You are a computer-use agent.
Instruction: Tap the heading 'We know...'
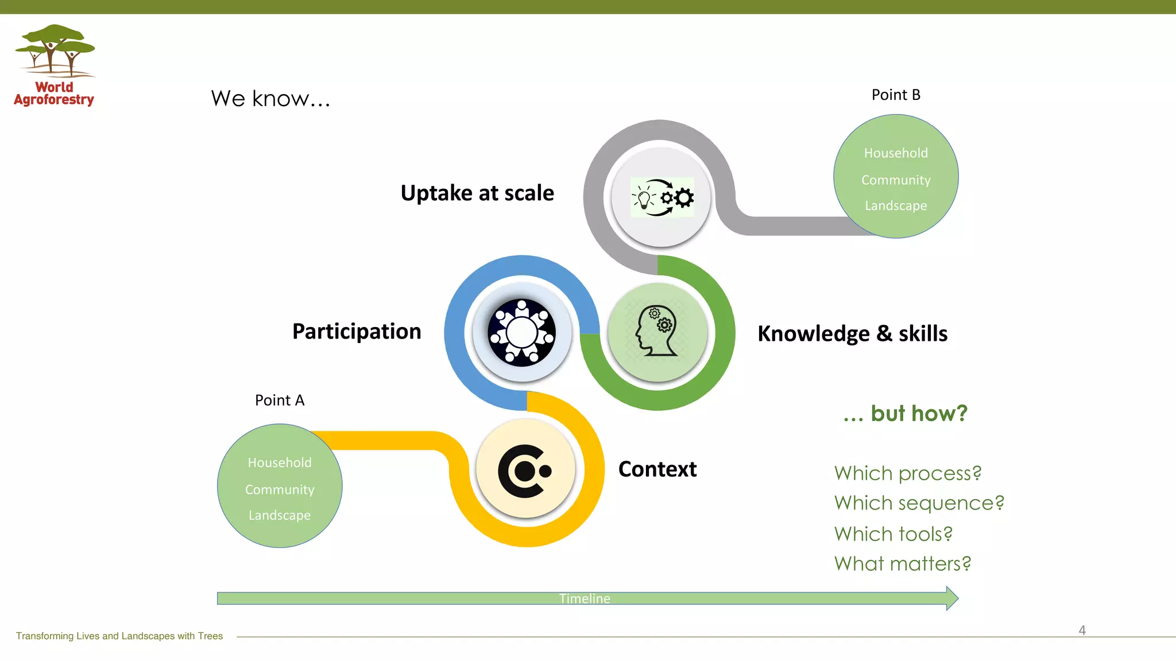pyautogui.click(x=270, y=99)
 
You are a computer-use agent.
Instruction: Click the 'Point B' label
pyautogui.click(x=896, y=95)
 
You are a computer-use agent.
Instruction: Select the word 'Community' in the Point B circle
pyautogui.click(x=896, y=180)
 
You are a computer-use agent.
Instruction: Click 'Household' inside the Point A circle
pyautogui.click(x=280, y=462)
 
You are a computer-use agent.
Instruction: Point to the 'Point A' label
pyautogui.click(x=280, y=400)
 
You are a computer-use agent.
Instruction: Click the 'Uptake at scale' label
pyautogui.click(x=477, y=193)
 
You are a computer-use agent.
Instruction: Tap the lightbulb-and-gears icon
pyautogui.click(x=661, y=197)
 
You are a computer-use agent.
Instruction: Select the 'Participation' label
pyautogui.click(x=357, y=332)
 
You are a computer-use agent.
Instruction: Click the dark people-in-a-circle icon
pyautogui.click(x=521, y=332)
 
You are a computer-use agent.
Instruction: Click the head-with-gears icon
pyautogui.click(x=657, y=332)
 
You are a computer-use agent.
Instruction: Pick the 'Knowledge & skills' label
pyautogui.click(x=852, y=333)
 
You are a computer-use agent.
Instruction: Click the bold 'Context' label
pyautogui.click(x=657, y=469)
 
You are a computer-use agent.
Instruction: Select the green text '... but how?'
pyautogui.click(x=905, y=413)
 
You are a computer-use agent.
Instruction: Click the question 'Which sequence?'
pyautogui.click(x=919, y=503)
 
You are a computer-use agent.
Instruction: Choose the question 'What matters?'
pyautogui.click(x=902, y=564)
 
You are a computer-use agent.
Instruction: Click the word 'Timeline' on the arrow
pyautogui.click(x=585, y=598)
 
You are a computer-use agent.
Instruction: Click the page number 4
pyautogui.click(x=1082, y=630)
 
